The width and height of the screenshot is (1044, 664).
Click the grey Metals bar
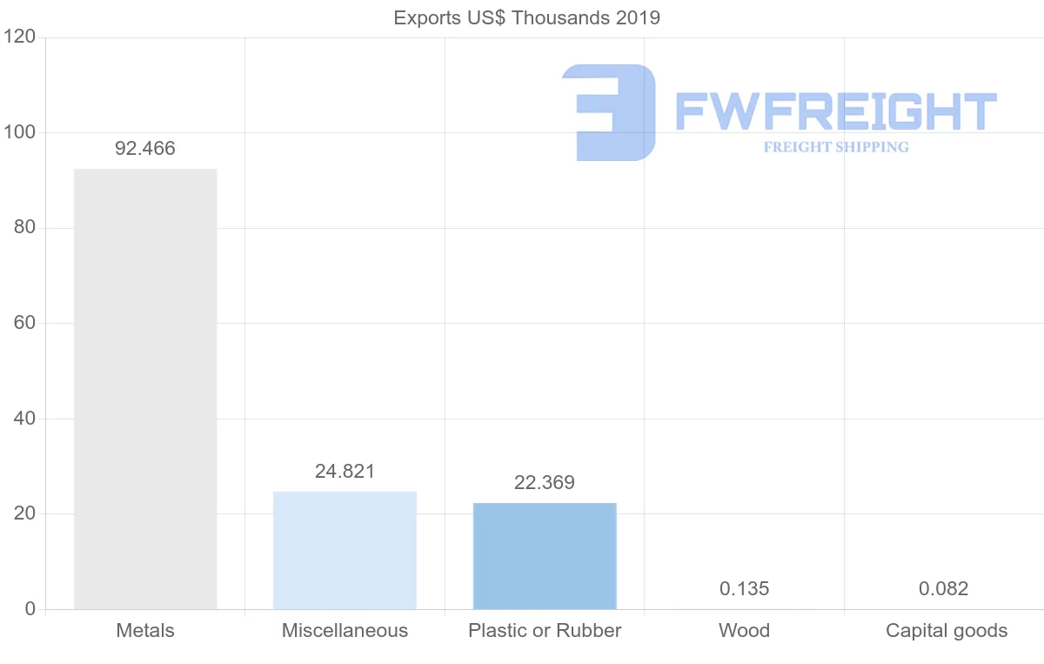coord(145,389)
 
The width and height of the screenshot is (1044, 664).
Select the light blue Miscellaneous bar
coord(345,550)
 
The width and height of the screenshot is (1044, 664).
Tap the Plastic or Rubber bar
coord(545,556)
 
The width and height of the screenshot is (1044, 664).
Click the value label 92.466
coord(145,149)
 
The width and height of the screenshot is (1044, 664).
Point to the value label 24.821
coord(345,472)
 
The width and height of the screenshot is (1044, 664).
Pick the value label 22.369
coord(545,483)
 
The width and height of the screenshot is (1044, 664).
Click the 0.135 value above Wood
coord(745,589)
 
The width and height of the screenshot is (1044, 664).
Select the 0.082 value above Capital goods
coord(943,589)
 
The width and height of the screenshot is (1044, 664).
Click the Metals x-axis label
coord(145,631)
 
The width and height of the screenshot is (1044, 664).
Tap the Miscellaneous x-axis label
coord(345,631)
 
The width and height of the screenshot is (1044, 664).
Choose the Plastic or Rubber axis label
coord(545,631)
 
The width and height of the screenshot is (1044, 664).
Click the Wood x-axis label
coord(745,631)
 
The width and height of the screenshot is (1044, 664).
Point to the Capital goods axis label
coord(947,631)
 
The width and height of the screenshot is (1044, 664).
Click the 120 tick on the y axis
coord(18,37)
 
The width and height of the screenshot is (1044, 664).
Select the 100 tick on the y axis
coord(18,132)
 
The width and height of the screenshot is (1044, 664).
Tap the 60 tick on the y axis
coord(23,323)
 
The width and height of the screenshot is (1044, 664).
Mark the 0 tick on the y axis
coord(30,609)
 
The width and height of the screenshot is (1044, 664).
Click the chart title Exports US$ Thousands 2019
coord(527,18)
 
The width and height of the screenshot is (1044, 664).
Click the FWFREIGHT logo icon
coord(609,112)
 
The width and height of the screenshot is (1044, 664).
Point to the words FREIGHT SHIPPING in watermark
coord(836,147)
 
